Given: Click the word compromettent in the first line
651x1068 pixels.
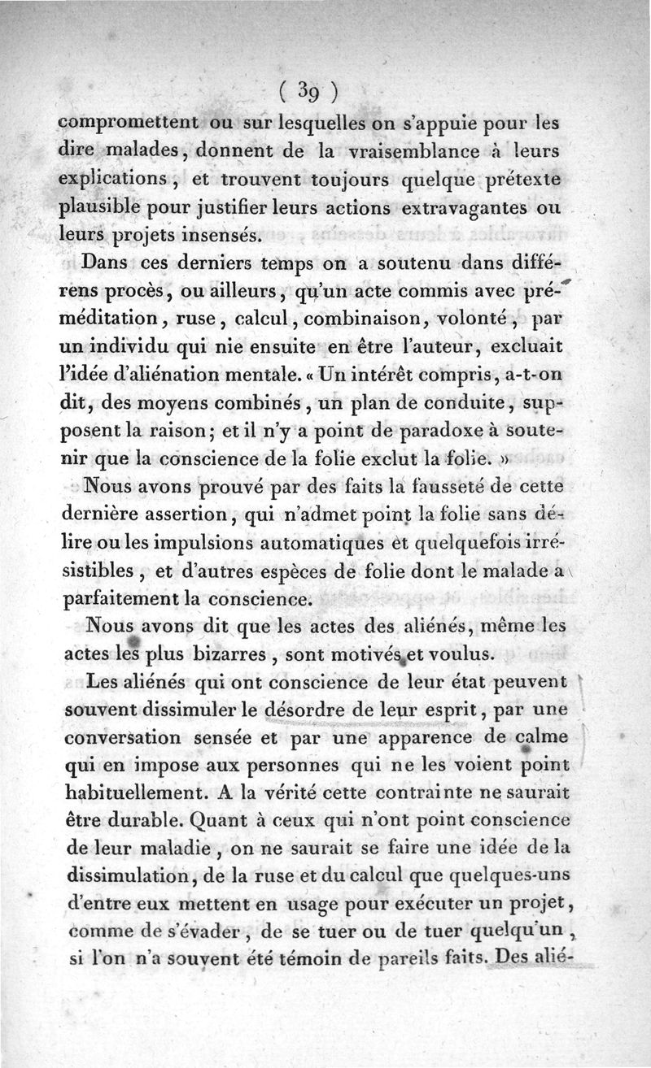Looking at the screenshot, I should [x=129, y=122].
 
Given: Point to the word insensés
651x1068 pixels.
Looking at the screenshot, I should [x=217, y=235].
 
